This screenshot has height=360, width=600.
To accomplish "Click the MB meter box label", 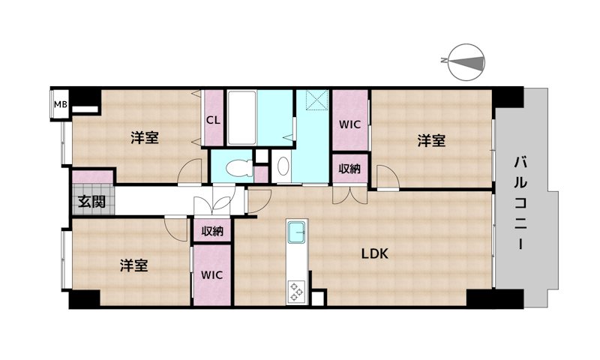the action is tap(60, 104).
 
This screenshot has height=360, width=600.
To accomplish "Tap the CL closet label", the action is tap(213, 121).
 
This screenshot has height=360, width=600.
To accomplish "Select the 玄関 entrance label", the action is tap(91, 201).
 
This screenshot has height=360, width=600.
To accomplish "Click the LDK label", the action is tap(375, 253).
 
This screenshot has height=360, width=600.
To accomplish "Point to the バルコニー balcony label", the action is tap(520, 202).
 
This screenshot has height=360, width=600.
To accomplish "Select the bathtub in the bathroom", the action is tap(241, 118).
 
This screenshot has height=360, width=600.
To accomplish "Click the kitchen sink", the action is tap(297, 232).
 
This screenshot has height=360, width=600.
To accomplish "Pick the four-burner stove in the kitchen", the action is tap(296, 292).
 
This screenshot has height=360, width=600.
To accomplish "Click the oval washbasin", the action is tap(283, 166).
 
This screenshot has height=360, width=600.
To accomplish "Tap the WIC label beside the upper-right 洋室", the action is tap(349, 124).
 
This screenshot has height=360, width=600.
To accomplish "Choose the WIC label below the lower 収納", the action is tap(212, 275).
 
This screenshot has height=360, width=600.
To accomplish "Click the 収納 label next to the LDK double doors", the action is tap(349, 168).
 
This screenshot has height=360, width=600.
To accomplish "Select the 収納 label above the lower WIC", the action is tap(212, 231).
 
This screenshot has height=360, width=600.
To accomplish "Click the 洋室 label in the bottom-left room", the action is tap(134, 265).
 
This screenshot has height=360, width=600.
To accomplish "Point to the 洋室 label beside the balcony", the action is tap(431, 141).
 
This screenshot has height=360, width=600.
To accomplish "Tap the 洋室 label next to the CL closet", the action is tap(145, 138).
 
